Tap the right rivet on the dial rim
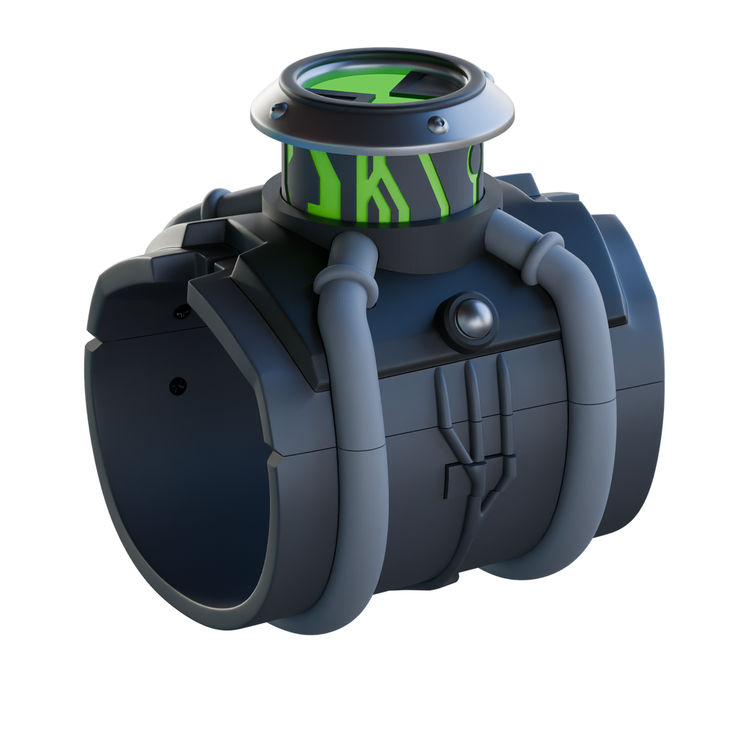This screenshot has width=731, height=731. (437, 124)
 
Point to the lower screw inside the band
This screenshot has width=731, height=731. (177, 385)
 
